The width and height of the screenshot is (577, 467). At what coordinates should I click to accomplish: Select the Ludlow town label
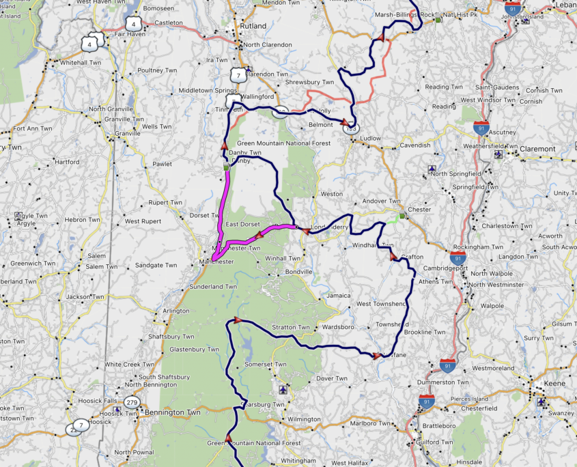[x=370, y=138]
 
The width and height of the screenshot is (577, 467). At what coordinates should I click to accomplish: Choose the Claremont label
[x=537, y=149]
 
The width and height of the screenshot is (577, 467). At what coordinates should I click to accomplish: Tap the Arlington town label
[x=176, y=311]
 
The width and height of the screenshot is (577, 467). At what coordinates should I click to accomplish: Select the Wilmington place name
[x=304, y=419]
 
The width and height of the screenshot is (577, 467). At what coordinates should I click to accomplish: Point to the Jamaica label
[x=338, y=296]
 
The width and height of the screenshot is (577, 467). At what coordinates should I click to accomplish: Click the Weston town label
[x=332, y=194]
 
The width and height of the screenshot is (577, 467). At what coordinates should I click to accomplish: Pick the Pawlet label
[x=162, y=164]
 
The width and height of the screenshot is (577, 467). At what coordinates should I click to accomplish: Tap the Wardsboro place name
[x=338, y=327]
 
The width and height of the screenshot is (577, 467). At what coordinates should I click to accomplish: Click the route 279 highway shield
[x=132, y=402]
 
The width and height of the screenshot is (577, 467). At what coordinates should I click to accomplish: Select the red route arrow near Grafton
[x=393, y=257]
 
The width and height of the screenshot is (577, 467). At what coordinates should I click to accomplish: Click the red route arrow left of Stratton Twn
[x=238, y=320]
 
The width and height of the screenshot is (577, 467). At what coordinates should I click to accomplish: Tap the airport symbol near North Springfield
[x=432, y=169]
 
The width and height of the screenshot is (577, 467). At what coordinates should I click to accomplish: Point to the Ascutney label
[x=503, y=132]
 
